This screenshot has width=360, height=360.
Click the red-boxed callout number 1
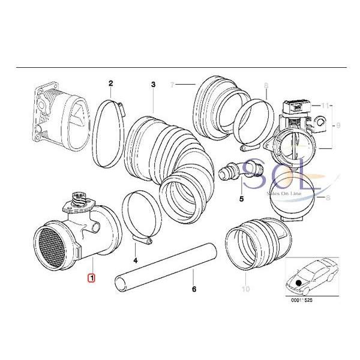pos(91,277)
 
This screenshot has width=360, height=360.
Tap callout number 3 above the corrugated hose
pos(153,84)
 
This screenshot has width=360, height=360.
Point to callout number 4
pos(136,260)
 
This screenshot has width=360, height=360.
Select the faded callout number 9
pos(338,125)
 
